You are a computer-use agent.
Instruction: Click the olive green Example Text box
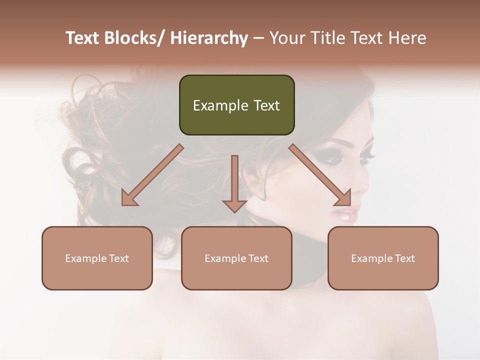tap(236, 105)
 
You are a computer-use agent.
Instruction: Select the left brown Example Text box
tap(97, 258)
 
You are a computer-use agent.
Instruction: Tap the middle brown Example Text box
tap(236, 258)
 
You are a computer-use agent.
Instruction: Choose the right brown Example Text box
tap(383, 258)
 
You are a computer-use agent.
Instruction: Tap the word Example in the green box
tap(220, 105)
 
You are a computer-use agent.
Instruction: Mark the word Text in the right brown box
tap(404, 258)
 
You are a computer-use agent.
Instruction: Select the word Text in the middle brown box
tap(258, 258)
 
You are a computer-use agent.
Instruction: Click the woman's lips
tap(347, 215)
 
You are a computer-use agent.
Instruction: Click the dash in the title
tap(258, 38)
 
